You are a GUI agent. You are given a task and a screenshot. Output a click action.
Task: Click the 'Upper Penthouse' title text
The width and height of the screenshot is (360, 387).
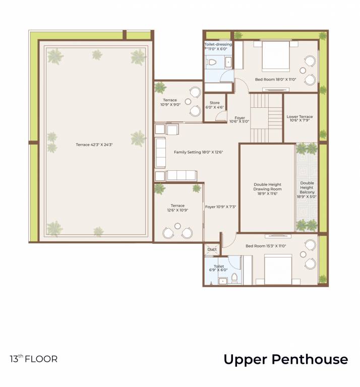pyautogui.click(x=285, y=359)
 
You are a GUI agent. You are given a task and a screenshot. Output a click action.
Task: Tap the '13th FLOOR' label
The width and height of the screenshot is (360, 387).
pyautogui.click(x=34, y=359)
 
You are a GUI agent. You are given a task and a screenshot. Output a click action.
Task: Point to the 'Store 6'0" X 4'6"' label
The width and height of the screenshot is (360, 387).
pyautogui.click(x=215, y=105)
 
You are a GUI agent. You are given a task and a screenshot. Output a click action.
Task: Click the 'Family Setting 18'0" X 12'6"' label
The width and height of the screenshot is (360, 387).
pyautogui.click(x=198, y=152)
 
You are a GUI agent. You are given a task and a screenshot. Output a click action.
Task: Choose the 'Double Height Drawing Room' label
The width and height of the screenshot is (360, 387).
pyautogui.click(x=267, y=189)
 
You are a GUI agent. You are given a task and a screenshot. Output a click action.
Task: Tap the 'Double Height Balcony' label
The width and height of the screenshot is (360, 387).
pyautogui.click(x=307, y=190)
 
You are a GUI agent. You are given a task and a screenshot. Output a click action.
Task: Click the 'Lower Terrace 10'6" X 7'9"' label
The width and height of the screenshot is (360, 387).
pyautogui.click(x=299, y=118)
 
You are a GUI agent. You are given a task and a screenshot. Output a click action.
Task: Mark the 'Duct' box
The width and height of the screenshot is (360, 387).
pyautogui.click(x=212, y=249)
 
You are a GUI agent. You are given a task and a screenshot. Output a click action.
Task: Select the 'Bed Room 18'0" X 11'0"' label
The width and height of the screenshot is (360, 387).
pyautogui.click(x=275, y=79)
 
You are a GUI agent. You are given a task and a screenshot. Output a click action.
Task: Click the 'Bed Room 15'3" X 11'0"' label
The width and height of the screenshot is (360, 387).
pyautogui.click(x=266, y=246)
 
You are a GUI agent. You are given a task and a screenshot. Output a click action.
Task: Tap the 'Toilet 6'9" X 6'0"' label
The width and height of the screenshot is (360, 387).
pyautogui.click(x=218, y=268)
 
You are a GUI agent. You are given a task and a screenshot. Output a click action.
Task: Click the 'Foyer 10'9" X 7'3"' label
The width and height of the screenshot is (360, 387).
pyautogui.click(x=220, y=207)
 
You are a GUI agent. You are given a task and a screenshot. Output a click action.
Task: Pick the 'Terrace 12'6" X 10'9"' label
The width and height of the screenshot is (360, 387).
pyautogui.click(x=177, y=208)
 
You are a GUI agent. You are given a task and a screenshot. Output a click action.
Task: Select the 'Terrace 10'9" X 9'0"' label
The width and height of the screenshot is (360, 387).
pyautogui.click(x=170, y=102)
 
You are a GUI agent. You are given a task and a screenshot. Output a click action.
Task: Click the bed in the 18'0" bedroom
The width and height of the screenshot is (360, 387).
pyautogui.click(x=275, y=56)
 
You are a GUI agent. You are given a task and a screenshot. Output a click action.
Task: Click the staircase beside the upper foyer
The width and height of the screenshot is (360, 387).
pyautogui.click(x=266, y=117)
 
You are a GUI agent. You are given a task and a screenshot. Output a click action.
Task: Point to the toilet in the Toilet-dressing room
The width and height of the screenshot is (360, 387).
pyautogui.click(x=212, y=62)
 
